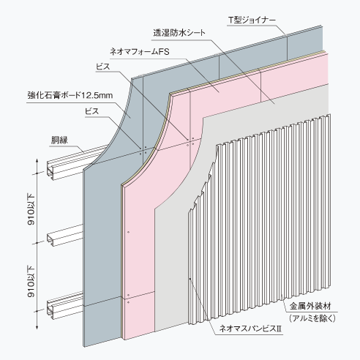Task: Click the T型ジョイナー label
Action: point(252,20)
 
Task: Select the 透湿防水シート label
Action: point(179,33)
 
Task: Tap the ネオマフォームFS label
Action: point(140,52)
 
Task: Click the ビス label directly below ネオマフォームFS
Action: point(103,67)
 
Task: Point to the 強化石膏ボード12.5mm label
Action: point(70,95)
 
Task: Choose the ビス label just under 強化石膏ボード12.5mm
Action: point(92,111)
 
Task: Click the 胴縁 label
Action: point(59,140)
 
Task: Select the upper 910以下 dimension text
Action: point(31,209)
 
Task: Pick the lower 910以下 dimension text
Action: point(31,282)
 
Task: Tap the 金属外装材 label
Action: point(310,306)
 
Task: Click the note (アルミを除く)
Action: point(312,318)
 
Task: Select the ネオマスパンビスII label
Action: point(250,329)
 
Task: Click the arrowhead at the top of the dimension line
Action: point(37,161)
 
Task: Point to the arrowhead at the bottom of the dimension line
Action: point(37,327)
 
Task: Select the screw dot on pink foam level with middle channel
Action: point(129,232)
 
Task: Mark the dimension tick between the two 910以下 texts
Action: point(37,243)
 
